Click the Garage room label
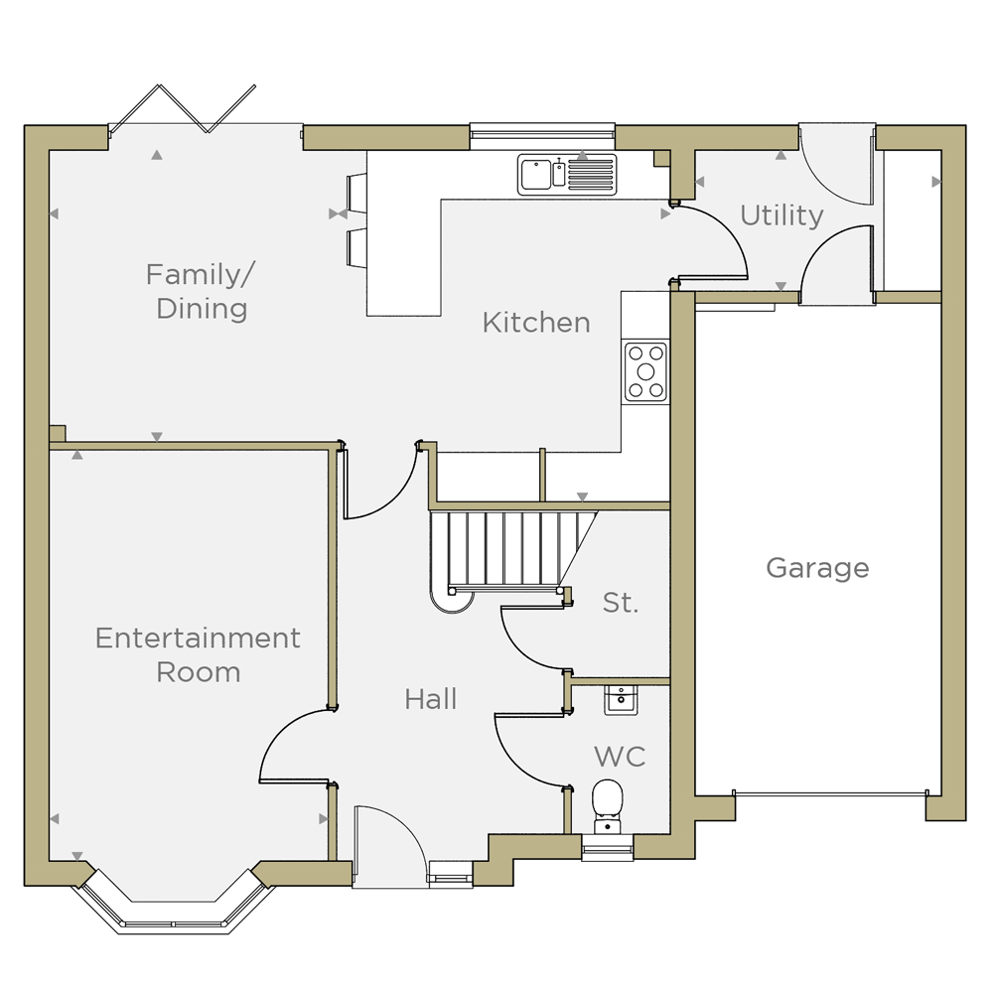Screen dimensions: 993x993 817,568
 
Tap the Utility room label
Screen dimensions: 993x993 782,215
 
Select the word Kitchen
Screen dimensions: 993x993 536,323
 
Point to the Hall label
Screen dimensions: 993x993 431,699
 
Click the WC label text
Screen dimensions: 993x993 620,756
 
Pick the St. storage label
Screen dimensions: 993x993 621,603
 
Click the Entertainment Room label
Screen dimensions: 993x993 199,654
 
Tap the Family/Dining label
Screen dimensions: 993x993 201,291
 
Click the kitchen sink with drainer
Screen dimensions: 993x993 567,174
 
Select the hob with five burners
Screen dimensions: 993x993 645,371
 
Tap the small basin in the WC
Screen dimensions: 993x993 621,700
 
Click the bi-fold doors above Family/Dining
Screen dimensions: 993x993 184,109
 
